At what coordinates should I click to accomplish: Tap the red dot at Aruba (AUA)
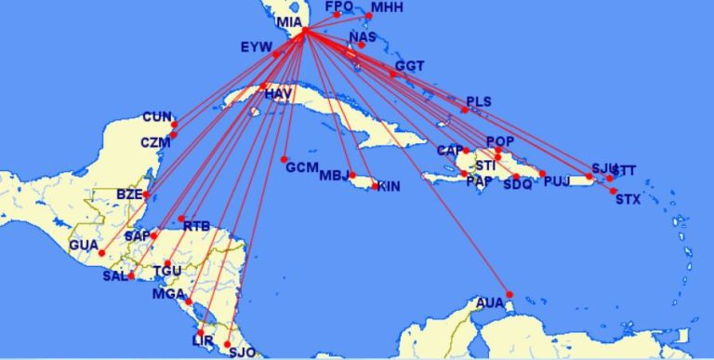509,293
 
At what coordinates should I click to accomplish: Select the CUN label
157,117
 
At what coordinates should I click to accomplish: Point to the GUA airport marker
101,253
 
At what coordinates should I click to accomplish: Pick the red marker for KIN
375,186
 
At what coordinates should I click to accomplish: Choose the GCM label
302,168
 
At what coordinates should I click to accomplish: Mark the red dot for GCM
284,159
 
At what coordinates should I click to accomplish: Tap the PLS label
479,100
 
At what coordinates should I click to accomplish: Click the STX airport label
628,199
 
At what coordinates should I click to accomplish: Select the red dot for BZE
146,195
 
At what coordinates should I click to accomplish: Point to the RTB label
196,226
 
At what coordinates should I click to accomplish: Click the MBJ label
334,176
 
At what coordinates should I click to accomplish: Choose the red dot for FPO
337,15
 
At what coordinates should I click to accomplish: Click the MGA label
168,295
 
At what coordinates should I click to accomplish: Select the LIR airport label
203,341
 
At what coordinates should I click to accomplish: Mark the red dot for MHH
369,16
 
